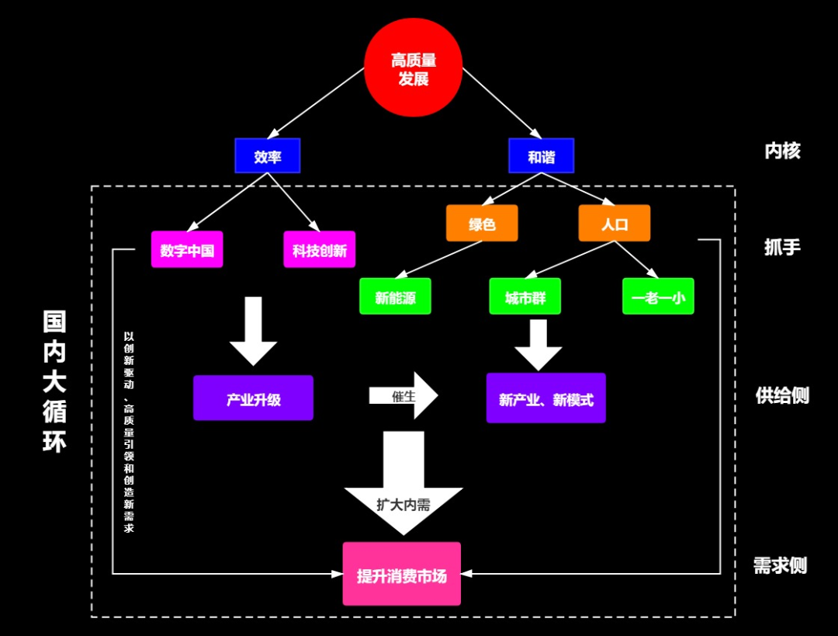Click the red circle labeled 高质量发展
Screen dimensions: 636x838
414,68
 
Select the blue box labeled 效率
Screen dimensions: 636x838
268,156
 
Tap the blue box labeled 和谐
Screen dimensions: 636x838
542,156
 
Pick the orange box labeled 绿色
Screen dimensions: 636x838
482,224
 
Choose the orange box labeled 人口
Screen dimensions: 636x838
615,224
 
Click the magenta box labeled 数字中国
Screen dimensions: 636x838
187,249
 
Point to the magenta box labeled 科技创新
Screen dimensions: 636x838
320,249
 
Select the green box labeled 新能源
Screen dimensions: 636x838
395,297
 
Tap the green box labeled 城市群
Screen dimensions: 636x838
525,297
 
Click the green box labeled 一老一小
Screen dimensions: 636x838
658,297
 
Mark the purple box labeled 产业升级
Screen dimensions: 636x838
254,398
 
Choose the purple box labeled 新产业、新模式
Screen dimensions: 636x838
546,398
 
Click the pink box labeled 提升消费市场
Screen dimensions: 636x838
402,575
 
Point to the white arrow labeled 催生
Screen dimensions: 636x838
404,396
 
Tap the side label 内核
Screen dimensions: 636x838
782,151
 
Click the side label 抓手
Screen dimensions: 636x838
782,247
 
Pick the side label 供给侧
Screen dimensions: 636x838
782,395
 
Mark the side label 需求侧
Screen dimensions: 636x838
781,565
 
